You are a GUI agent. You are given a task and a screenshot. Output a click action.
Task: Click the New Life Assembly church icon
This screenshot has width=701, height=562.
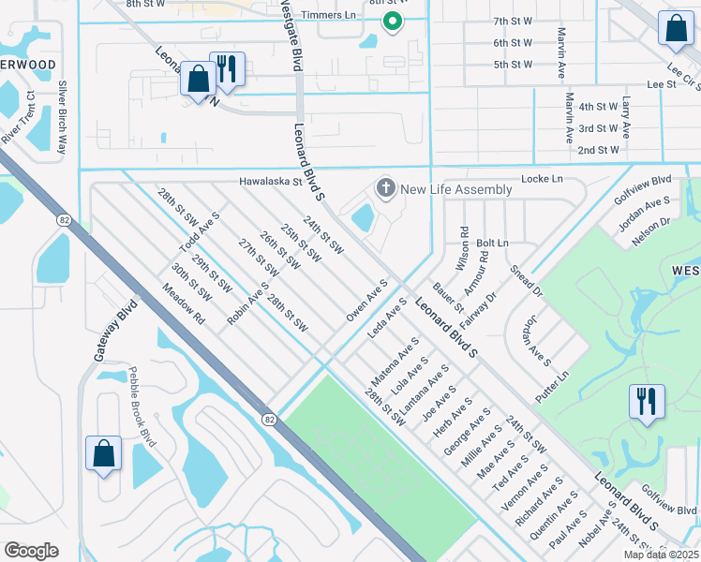coord(384,189)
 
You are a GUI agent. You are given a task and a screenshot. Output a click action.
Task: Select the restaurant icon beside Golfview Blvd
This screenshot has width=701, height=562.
coord(647,402)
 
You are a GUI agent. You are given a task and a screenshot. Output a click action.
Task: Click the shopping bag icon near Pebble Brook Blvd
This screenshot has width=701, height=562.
coord(104,452)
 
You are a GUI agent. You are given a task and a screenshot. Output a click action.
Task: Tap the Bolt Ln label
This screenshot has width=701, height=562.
coord(492,243)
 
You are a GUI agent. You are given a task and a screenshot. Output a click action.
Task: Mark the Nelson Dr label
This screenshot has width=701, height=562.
coord(653,230)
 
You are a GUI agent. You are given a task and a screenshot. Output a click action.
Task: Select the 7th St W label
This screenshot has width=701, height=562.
coord(513,20)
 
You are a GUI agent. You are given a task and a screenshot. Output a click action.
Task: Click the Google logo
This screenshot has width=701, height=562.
coord(31,551)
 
